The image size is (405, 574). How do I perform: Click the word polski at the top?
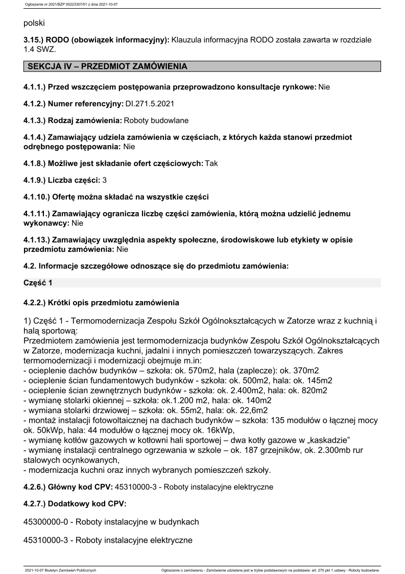coord(34,23)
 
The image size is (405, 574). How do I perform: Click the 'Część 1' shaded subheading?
coord(38,283)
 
